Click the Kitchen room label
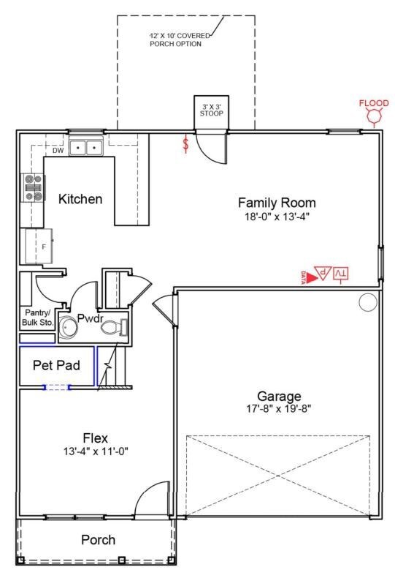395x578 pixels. (x=80, y=199)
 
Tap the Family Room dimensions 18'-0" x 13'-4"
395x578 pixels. (x=277, y=217)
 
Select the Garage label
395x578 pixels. (x=279, y=397)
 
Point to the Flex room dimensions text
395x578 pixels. (x=96, y=451)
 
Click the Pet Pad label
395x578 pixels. (x=56, y=365)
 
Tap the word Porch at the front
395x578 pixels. (x=98, y=540)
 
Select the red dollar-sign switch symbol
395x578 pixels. (x=186, y=144)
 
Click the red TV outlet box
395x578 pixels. (x=341, y=274)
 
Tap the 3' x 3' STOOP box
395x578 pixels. (x=212, y=113)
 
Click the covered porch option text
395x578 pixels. (x=179, y=40)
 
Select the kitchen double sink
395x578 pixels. (x=86, y=148)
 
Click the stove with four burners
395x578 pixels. (x=33, y=188)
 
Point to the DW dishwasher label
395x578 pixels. (x=58, y=151)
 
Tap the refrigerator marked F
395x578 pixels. (x=39, y=246)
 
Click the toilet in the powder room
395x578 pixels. (x=114, y=327)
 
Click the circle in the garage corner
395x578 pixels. (x=368, y=302)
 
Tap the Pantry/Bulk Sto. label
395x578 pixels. (x=37, y=318)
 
